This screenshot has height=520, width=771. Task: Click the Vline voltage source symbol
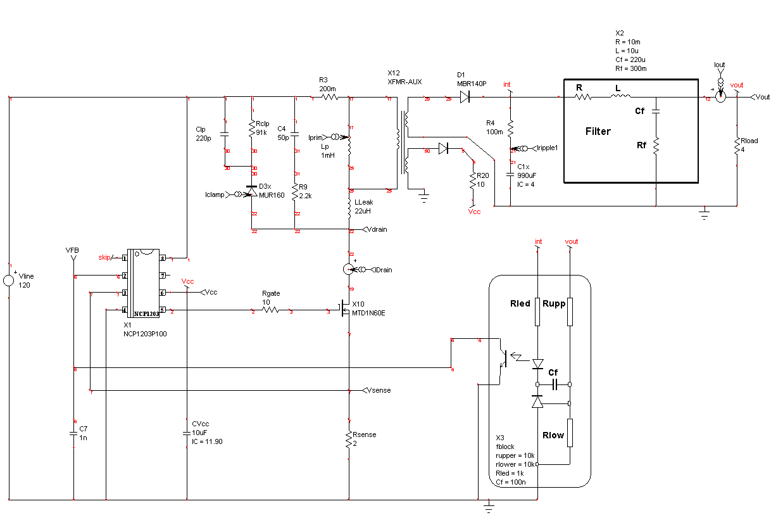[9, 281]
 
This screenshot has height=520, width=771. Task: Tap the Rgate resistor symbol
[271, 311]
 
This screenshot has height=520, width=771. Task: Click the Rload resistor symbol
[737, 146]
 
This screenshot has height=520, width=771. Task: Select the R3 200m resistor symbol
[329, 98]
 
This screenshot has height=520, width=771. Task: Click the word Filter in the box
[598, 132]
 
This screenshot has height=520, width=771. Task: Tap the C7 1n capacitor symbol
[74, 434]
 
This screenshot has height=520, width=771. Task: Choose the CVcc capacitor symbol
[187, 434]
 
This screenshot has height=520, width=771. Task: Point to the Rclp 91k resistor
[253, 129]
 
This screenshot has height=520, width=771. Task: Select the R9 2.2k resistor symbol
[295, 189]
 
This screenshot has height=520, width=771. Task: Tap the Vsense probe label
[379, 390]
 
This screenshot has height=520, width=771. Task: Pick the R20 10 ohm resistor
[472, 181]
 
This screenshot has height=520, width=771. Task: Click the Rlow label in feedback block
[553, 435]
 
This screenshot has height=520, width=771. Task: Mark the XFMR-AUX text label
[404, 82]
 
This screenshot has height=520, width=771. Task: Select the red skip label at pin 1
[104, 257]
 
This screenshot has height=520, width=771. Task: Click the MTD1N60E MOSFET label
[368, 313]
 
